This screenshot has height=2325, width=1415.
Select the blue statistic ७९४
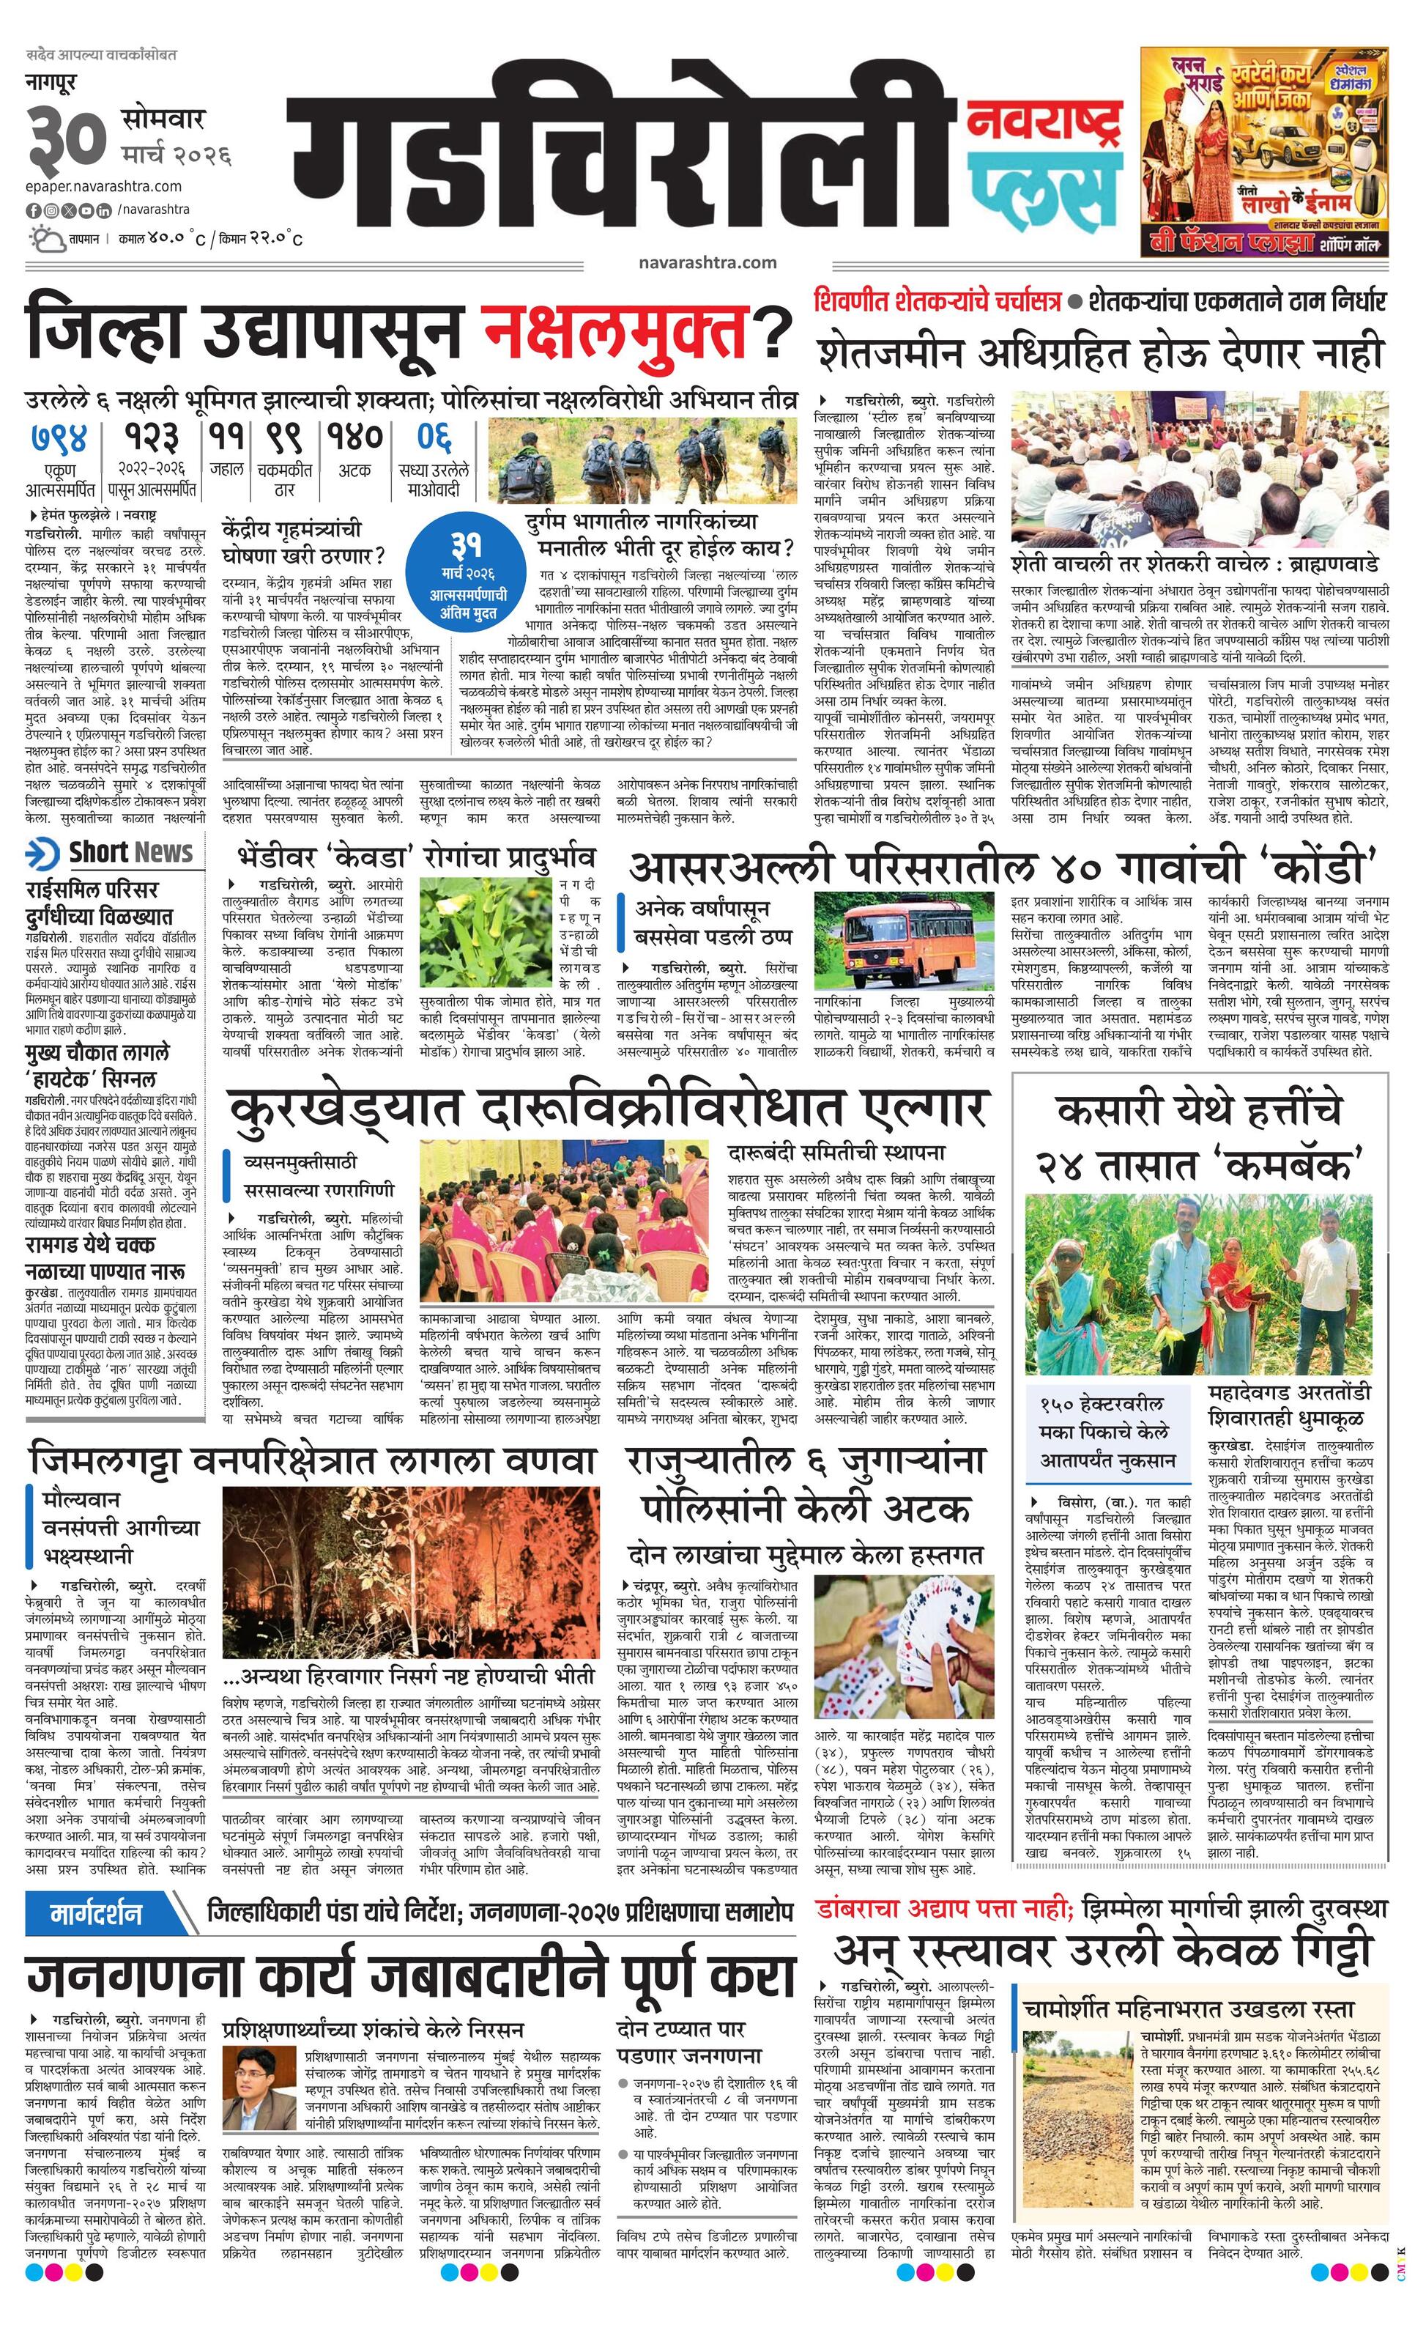(59, 438)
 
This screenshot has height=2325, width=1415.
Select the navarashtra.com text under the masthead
(707, 263)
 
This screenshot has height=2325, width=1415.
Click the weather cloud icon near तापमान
(47, 238)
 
